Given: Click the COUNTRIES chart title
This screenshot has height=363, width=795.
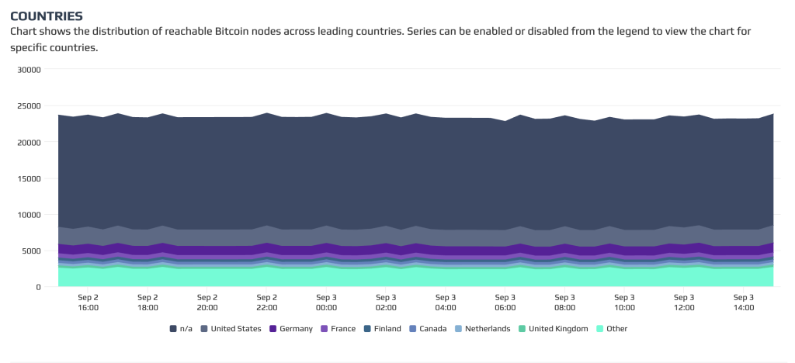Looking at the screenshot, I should [46, 16].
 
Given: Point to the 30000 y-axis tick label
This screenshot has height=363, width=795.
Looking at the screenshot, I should [29, 70].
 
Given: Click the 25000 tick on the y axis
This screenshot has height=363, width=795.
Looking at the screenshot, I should [29, 106].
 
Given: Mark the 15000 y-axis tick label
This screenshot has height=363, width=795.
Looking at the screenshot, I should [29, 178].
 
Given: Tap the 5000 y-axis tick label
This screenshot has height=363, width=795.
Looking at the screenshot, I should [31, 251].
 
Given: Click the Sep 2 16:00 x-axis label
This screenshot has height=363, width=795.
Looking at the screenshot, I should [88, 302].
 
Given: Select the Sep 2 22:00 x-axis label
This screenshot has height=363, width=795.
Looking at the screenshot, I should [266, 302].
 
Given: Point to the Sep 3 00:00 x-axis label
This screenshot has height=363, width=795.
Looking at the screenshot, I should [326, 302].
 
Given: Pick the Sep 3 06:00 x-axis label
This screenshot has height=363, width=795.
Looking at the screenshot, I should [505, 302].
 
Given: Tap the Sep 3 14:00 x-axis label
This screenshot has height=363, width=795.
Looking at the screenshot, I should [743, 302].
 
